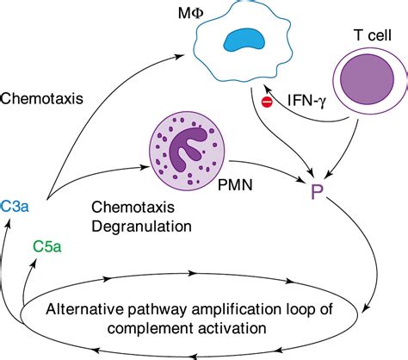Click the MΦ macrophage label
pyautogui.click(x=190, y=14)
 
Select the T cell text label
pyautogui.click(x=373, y=35)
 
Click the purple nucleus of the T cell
pyautogui.click(x=367, y=79)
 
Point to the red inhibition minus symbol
pyautogui.click(x=267, y=102)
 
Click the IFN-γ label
pyautogui.click(x=306, y=101)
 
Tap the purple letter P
pyautogui.click(x=317, y=192)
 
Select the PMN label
pyautogui.click(x=235, y=184)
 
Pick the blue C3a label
pyautogui.click(x=15, y=206)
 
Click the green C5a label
pyautogui.click(x=47, y=246)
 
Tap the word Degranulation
pyautogui.click(x=141, y=227)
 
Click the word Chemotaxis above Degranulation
pyautogui.click(x=133, y=207)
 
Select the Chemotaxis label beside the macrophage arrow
pyautogui.click(x=42, y=98)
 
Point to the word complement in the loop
pyautogui.click(x=151, y=328)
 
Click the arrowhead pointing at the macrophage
pyautogui.click(x=179, y=56)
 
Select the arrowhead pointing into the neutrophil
pyautogui.click(x=144, y=167)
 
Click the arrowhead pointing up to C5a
pyautogui.click(x=35, y=263)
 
